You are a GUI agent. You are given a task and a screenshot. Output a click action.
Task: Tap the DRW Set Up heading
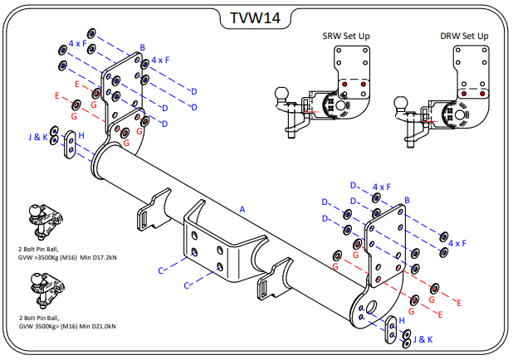click(464, 36)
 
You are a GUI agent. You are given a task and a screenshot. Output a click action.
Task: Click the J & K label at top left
click(38, 137)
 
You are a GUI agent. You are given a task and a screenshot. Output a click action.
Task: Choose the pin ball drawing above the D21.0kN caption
click(39, 292)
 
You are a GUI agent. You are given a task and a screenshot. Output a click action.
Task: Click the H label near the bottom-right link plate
click(402, 319)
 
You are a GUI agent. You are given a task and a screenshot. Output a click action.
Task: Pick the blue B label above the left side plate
click(143, 48)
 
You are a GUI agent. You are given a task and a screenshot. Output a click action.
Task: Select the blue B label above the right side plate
click(407, 200)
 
